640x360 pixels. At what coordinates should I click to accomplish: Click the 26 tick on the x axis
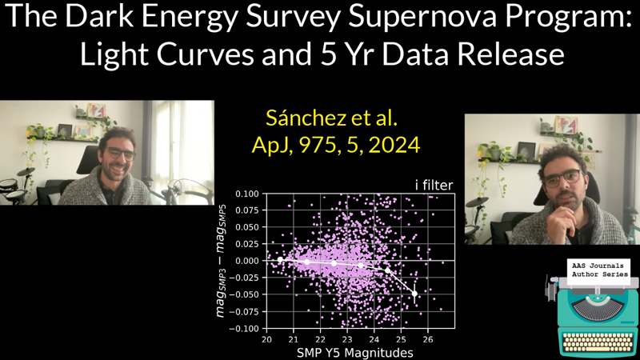[427, 339]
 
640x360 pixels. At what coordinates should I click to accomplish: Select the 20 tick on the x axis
[266, 339]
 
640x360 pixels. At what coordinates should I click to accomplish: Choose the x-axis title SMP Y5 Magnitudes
[355, 353]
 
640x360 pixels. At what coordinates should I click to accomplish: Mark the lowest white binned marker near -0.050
[414, 294]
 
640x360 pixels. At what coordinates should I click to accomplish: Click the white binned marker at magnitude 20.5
[280, 260]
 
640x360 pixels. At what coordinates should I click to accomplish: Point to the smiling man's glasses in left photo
[119, 153]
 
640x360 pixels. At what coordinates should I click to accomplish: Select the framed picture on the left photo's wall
[96, 110]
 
